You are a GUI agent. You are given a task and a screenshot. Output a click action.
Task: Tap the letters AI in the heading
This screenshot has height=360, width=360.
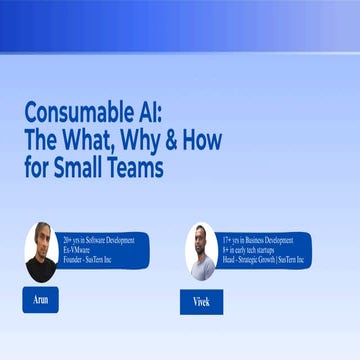[165, 112]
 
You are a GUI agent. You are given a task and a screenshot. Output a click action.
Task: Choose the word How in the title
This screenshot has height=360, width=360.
[206, 140]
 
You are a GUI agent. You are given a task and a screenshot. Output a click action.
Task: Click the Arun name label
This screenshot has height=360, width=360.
[40, 298]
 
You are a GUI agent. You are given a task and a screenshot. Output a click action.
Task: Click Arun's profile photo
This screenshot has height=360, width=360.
[40, 252]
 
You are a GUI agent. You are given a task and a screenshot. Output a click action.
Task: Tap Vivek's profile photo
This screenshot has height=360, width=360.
[201, 251]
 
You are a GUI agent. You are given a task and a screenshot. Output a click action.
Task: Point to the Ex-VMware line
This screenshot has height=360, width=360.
[76, 250]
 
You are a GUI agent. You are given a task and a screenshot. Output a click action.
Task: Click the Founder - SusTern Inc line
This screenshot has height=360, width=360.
[93, 260]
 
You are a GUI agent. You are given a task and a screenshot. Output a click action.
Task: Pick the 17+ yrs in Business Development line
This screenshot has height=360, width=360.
[258, 240]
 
